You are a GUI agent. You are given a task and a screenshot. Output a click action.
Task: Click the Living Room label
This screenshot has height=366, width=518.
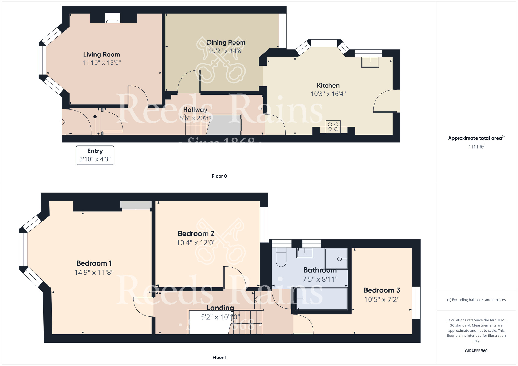[x=102, y=55]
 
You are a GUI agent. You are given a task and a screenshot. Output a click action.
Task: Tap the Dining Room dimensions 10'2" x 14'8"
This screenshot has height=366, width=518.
[x=226, y=51]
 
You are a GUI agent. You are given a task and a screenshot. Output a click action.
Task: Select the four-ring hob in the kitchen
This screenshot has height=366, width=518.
[x=333, y=127]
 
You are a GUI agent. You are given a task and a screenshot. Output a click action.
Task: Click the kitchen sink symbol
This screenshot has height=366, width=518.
[x=370, y=62]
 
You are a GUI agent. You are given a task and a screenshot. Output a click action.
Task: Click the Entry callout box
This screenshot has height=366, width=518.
[x=95, y=155]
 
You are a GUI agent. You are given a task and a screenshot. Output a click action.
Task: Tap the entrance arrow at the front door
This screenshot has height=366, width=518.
[x=63, y=122]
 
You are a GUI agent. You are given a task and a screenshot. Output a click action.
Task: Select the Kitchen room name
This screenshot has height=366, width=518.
[x=328, y=86]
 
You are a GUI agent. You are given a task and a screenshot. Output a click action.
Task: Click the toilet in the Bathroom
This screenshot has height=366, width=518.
[x=281, y=257]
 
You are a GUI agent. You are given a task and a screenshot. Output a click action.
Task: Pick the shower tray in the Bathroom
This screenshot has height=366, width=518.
[x=336, y=259]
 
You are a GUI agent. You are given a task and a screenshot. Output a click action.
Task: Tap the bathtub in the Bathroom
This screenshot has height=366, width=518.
[x=321, y=299]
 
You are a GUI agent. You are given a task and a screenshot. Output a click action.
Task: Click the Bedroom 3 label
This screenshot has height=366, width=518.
[x=382, y=290]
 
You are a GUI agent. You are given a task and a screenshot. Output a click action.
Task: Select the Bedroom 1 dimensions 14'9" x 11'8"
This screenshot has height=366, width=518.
[x=94, y=272]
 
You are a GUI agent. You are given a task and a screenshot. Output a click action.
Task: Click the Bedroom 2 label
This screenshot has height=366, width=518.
[x=196, y=234]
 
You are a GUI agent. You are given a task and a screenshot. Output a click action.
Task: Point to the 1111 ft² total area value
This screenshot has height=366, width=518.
[x=476, y=147]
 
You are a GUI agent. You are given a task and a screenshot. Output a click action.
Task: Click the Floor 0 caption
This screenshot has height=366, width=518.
[x=219, y=176]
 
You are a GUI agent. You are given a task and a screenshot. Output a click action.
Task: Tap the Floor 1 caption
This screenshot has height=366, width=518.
[x=219, y=357]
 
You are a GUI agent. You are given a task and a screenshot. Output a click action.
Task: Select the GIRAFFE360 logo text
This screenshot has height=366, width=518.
[x=476, y=351]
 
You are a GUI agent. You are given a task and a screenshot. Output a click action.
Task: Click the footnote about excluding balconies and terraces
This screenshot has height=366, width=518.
[x=476, y=300]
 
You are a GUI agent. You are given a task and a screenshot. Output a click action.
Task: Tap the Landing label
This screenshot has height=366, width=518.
[x=220, y=308]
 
